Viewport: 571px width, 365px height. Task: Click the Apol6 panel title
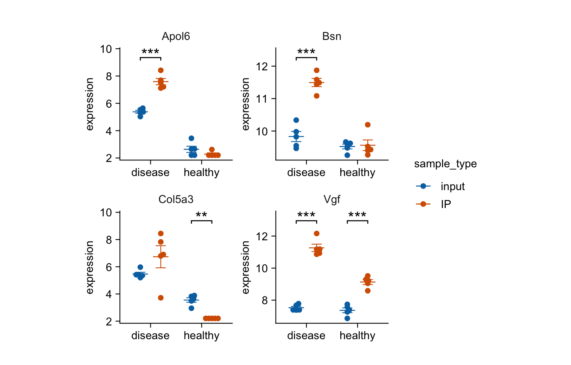point(176,36)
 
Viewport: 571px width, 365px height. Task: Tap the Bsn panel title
point(332,36)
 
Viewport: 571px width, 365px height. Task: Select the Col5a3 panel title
point(176,200)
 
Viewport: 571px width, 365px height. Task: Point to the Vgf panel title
point(332,200)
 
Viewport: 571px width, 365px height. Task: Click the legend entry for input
point(453,186)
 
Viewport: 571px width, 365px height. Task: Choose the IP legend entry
point(446,204)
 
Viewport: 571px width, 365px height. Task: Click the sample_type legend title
point(445,164)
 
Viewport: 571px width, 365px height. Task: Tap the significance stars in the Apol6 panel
point(150,52)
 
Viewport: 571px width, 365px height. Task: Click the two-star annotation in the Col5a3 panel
point(201,216)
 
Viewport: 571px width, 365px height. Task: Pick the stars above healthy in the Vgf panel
point(357,216)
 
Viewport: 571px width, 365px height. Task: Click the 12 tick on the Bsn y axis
point(262,67)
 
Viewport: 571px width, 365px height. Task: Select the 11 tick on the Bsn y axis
point(262,99)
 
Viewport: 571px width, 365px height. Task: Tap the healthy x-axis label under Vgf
point(357,336)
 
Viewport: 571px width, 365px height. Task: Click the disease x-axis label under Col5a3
point(150,336)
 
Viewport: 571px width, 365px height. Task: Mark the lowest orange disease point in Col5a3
point(161,298)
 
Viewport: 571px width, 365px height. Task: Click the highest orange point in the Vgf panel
point(317,233)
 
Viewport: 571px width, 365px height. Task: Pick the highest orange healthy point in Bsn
point(368,125)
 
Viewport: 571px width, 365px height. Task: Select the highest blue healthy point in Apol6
point(191,138)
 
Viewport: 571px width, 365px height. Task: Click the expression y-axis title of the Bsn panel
point(246,104)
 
